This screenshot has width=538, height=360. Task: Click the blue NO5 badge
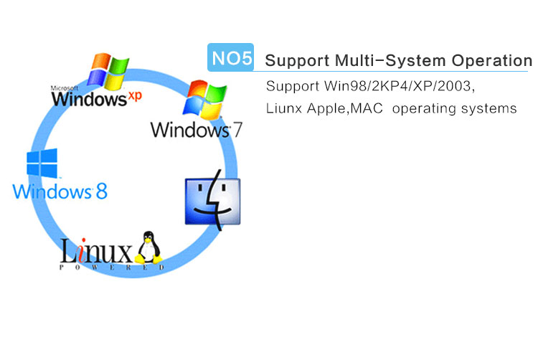tap(230, 57)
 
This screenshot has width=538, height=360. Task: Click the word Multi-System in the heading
tap(389, 61)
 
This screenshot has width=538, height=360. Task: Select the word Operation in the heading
tap(491, 61)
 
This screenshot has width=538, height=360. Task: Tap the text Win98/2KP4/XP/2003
tap(400, 86)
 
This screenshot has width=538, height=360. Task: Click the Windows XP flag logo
tap(108, 71)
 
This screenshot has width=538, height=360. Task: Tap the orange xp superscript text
tap(135, 96)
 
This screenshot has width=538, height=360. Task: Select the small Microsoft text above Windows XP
tap(65, 88)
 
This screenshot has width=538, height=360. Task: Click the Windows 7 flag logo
tap(205, 100)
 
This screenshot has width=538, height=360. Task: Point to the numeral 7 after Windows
tap(237, 131)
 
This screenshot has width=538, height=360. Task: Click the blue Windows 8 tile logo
tap(42, 164)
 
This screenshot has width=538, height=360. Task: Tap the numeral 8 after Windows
tap(102, 191)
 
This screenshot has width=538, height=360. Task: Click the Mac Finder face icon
tap(213, 200)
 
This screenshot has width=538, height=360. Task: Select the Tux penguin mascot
tap(148, 247)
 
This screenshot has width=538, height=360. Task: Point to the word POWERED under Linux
tap(112, 267)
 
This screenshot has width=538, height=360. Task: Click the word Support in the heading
tap(297, 61)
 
